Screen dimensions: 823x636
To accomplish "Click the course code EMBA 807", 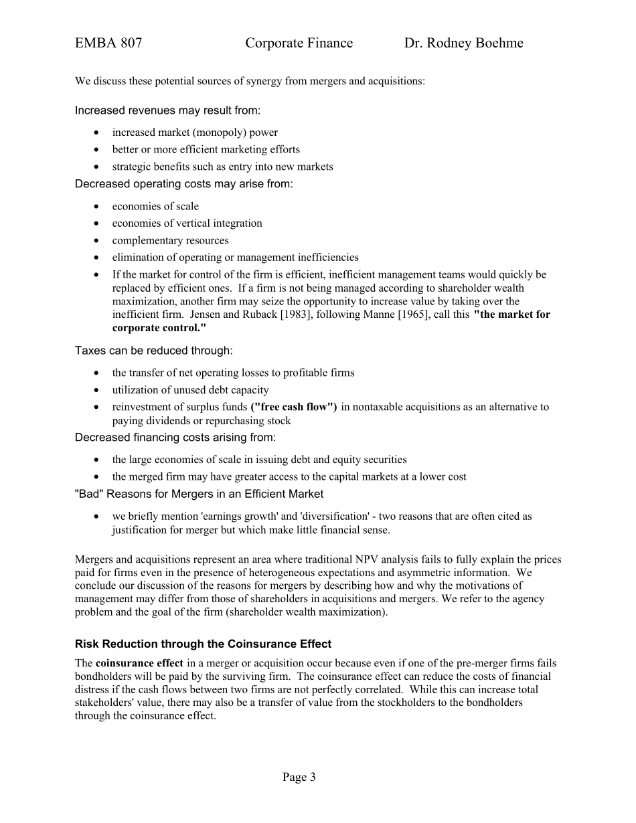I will coord(108,43).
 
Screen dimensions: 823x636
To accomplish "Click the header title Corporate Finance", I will coord(299,43).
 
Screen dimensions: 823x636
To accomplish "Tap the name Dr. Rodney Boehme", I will coord(463,43).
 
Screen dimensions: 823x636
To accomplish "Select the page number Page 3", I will coord(299,777).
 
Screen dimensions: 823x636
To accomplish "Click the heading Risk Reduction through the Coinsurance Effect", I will coord(203,644).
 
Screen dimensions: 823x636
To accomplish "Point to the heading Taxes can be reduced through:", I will coord(154,350).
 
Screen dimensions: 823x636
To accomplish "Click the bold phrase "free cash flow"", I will coord(294,407).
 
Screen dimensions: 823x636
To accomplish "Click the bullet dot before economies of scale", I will coord(98,207).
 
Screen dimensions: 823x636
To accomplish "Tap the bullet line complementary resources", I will coord(170,240).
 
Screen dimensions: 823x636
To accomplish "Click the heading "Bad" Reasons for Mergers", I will coord(199,494).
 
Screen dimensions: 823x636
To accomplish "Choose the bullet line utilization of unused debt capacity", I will coord(190,389).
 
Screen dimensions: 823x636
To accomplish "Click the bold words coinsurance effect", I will coord(139,663).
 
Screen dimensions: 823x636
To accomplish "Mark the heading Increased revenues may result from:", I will coord(167,110).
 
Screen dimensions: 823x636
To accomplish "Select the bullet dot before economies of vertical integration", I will coord(98,223).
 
